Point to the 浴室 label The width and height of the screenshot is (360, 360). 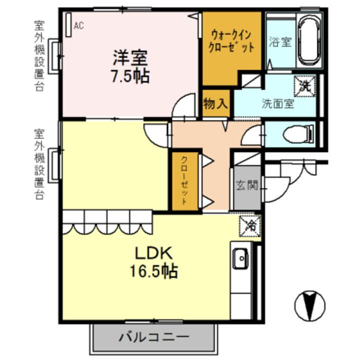pos(280,42)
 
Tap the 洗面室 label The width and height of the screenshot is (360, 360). pos(278,104)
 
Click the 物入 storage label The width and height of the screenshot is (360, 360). pos(216,104)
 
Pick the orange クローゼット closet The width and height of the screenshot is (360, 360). pos(184,181)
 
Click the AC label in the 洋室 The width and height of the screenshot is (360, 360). pos(78,26)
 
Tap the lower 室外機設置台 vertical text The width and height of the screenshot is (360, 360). pos(39,164)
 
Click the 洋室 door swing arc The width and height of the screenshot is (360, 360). pos(183,106)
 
